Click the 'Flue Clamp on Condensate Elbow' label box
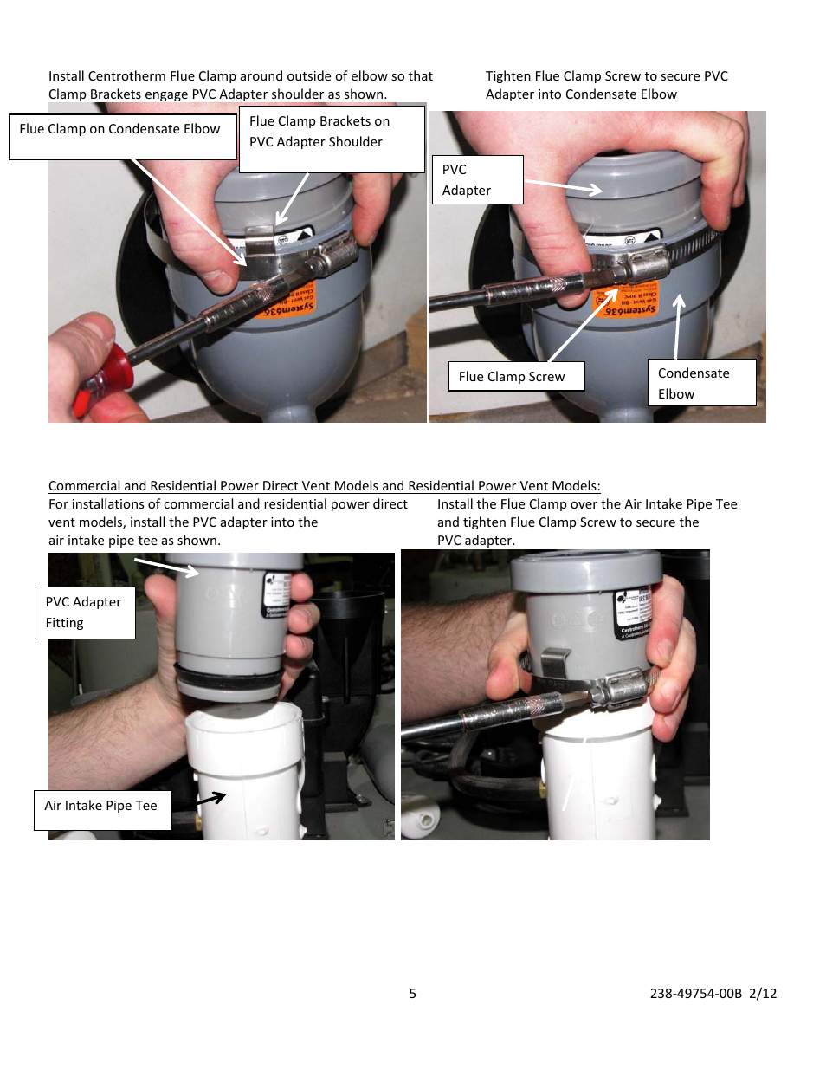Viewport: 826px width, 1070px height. [x=122, y=136]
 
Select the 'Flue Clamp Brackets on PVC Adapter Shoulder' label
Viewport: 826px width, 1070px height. [x=332, y=139]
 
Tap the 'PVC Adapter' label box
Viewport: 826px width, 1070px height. [x=477, y=179]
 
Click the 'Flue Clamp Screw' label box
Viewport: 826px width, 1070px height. [x=515, y=376]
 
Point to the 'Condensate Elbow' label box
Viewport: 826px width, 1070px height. [x=700, y=383]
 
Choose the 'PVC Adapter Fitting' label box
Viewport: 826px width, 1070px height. [x=85, y=612]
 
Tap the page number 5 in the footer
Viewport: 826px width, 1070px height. [x=413, y=994]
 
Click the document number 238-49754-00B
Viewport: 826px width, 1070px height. [x=695, y=994]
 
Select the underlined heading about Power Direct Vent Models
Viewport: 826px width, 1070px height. [x=324, y=486]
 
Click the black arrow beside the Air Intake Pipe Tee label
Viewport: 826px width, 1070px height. [x=210, y=798]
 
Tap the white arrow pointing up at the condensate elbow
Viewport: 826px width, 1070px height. [x=678, y=326]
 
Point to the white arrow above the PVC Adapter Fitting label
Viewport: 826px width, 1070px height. [x=167, y=567]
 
